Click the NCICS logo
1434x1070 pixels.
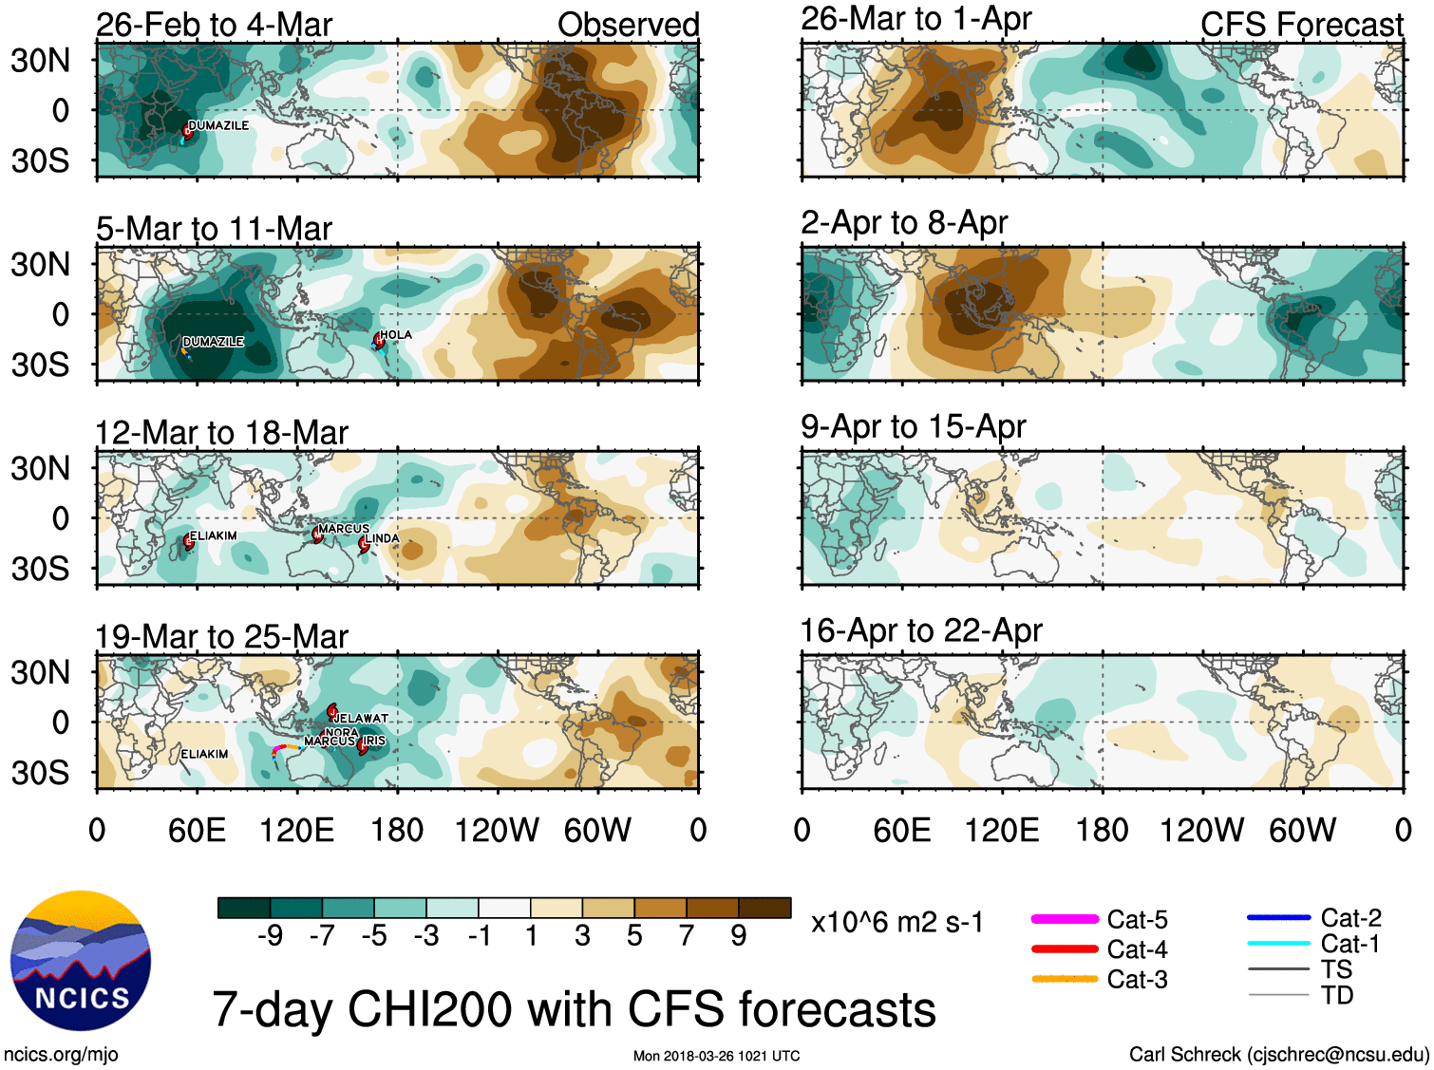81,960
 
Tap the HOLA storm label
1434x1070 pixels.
395,334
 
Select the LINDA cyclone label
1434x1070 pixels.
382,538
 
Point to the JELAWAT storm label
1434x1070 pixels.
362,719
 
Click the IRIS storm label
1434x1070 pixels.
374,741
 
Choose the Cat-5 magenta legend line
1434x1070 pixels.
1065,919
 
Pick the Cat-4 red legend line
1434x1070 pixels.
1065,948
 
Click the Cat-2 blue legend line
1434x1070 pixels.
1278,918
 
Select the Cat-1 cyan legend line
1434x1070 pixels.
1278,944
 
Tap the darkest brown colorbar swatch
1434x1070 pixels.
764,908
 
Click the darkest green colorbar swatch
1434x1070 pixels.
244,908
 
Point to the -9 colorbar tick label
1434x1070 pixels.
271,936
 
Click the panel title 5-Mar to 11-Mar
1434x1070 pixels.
214,229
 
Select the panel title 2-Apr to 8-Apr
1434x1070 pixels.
903,222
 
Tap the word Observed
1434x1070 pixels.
628,25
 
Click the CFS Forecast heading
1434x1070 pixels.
1301,25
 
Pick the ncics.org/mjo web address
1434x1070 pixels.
61,1054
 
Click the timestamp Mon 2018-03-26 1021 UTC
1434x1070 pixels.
716,1056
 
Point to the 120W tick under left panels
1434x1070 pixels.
496,831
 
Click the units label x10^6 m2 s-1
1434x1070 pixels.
897,922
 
